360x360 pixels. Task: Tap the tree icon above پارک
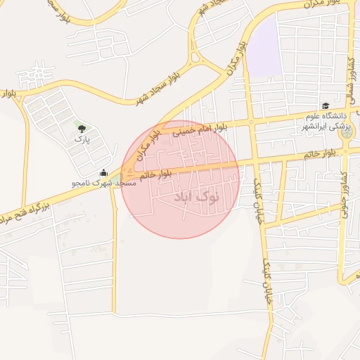(x=82, y=128)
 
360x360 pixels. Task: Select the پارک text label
(x=82, y=139)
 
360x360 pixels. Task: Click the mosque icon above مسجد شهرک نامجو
(x=104, y=173)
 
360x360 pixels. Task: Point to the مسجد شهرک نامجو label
(x=103, y=183)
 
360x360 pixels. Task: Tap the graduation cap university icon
(x=326, y=105)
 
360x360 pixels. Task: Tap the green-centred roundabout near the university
(x=349, y=132)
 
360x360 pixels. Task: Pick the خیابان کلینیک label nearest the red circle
(x=257, y=193)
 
